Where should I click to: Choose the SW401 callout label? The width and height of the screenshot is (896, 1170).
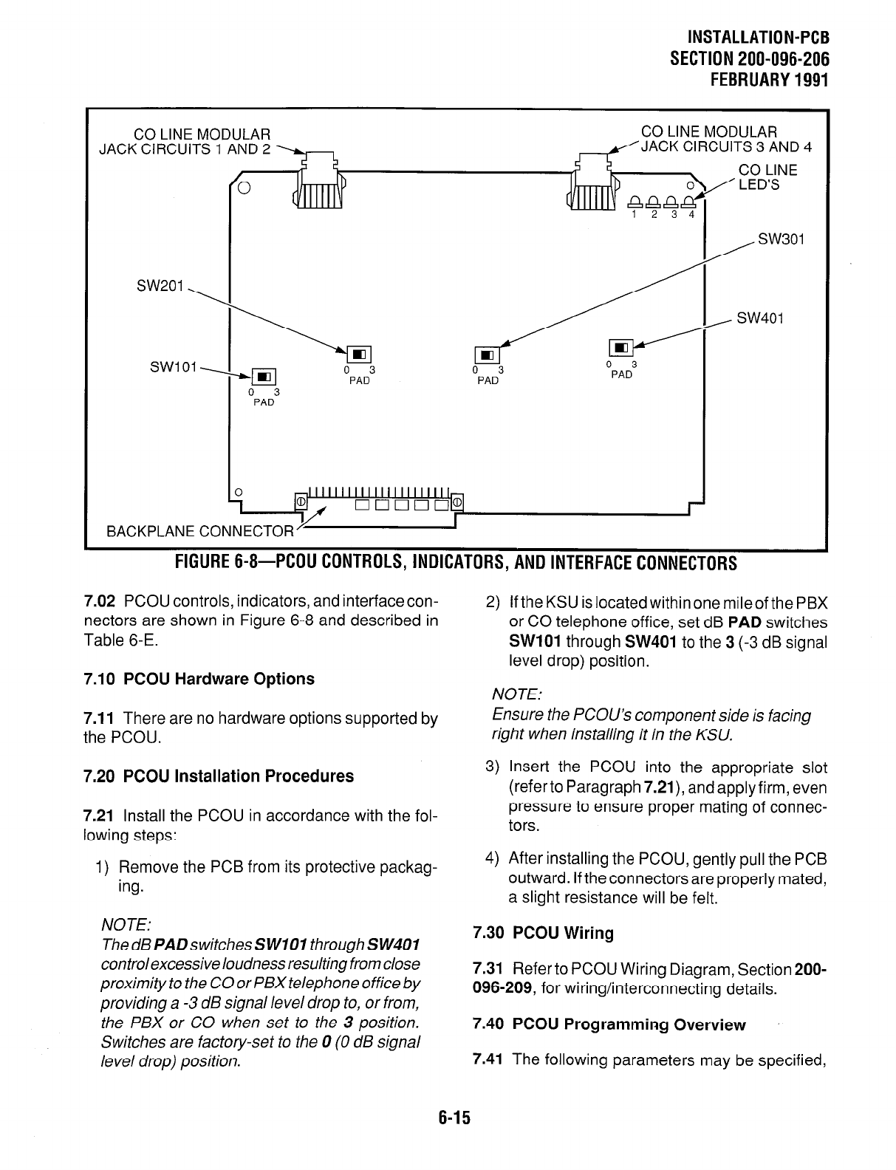pos(760,318)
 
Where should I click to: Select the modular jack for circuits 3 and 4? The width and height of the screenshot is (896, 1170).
pos(592,183)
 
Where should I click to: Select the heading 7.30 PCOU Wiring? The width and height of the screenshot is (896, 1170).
pos(543,933)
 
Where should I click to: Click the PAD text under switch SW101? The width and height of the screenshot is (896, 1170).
pos(264,403)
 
